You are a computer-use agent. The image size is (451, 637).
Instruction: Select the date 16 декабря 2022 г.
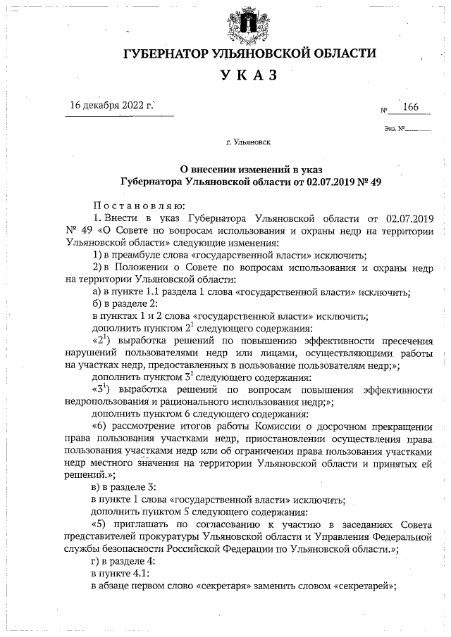[111, 106]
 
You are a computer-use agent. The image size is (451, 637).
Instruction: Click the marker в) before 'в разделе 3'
[98, 488]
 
